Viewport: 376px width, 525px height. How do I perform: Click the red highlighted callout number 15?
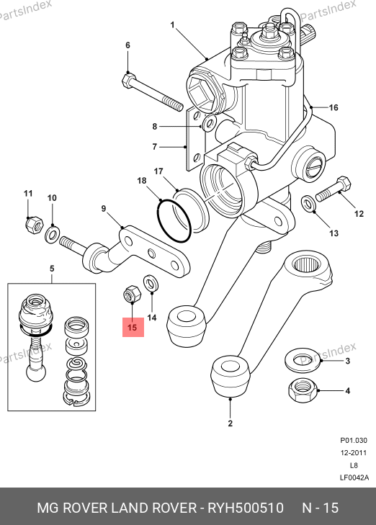pos(133,327)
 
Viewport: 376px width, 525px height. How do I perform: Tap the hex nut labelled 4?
pos(303,390)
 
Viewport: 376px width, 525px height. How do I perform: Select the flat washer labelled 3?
pos(303,361)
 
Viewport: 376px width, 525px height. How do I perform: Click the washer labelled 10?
pos(53,234)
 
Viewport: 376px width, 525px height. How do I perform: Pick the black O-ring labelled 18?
pos(174,220)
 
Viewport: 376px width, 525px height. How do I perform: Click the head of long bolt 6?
pos(128,81)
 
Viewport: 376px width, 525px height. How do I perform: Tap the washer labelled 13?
pos(308,204)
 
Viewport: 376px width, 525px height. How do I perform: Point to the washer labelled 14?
pos(151,284)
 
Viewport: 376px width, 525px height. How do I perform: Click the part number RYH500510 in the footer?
pos(246,508)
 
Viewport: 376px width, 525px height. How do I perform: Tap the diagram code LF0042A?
pos(354,477)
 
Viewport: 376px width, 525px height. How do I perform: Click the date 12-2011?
pos(354,453)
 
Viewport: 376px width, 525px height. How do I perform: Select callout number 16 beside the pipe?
pos(334,107)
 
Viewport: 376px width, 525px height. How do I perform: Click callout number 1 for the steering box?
pos(172,25)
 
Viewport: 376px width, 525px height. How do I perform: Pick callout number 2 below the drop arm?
pos(230,423)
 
